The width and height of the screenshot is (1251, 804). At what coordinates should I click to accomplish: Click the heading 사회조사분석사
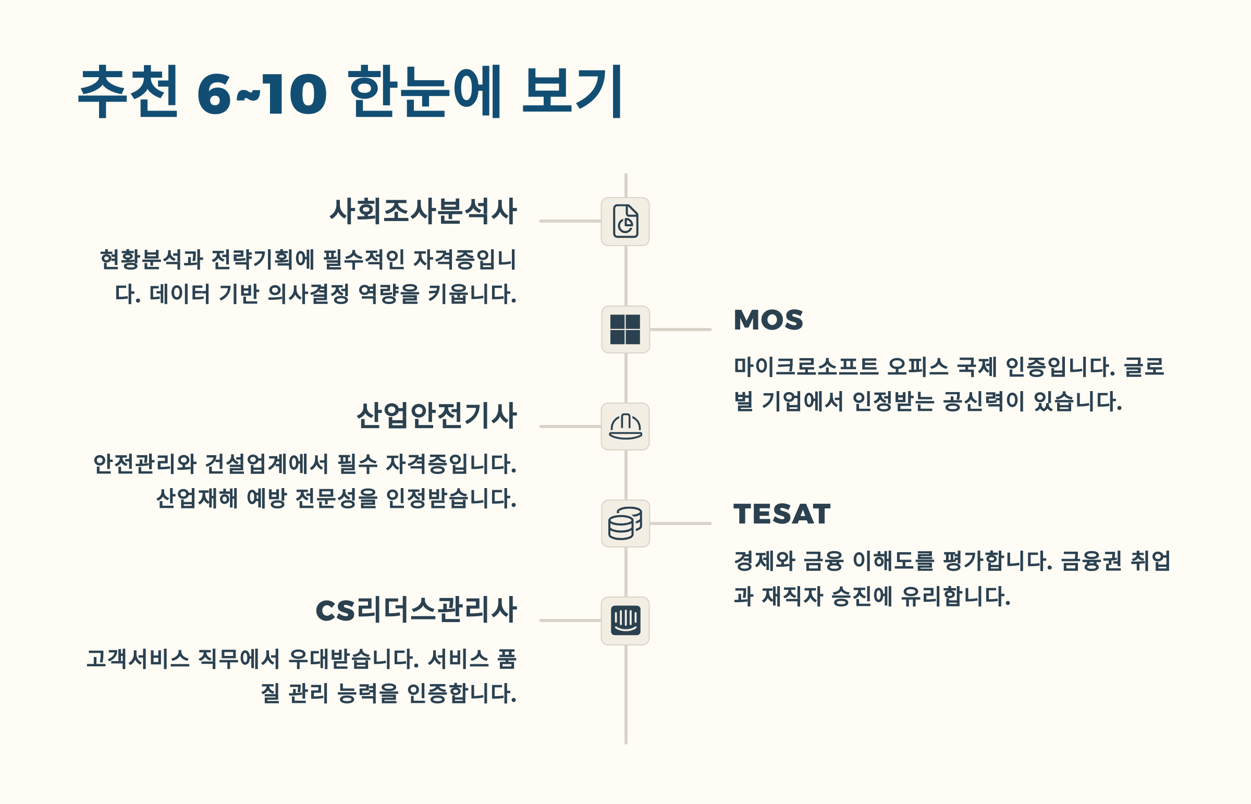pyautogui.click(x=423, y=212)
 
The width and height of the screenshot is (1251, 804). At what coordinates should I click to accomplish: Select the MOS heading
pyautogui.click(x=768, y=320)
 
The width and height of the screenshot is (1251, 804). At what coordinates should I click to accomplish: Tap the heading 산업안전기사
pyautogui.click(x=436, y=416)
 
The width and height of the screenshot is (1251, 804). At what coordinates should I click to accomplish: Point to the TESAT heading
pyautogui.click(x=781, y=514)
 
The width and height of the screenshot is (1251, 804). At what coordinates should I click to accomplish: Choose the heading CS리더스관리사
pyautogui.click(x=416, y=610)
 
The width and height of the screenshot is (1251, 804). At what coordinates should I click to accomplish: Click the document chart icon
pyautogui.click(x=625, y=222)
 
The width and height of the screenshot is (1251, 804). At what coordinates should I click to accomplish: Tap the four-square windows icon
pyautogui.click(x=625, y=330)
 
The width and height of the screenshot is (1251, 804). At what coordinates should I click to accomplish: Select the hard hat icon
pyautogui.click(x=625, y=427)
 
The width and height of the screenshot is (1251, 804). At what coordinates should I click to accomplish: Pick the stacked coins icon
pyautogui.click(x=625, y=523)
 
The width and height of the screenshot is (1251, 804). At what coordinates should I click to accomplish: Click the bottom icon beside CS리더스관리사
pyautogui.click(x=625, y=621)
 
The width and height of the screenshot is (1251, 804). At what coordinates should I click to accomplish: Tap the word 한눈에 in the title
pyautogui.click(x=424, y=92)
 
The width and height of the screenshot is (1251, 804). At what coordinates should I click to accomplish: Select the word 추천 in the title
pyautogui.click(x=128, y=92)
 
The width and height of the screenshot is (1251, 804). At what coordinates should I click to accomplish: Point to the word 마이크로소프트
pyautogui.click(x=806, y=367)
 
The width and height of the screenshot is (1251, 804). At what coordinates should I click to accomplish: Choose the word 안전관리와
pyautogui.click(x=144, y=464)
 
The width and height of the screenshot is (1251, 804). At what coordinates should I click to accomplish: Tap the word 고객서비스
pyautogui.click(x=138, y=659)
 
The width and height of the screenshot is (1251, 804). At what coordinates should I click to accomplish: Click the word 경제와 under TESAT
pyautogui.click(x=764, y=561)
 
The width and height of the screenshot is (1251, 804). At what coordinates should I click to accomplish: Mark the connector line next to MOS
pyautogui.click(x=681, y=330)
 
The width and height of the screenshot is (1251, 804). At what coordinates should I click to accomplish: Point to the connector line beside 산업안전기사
pyautogui.click(x=570, y=427)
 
